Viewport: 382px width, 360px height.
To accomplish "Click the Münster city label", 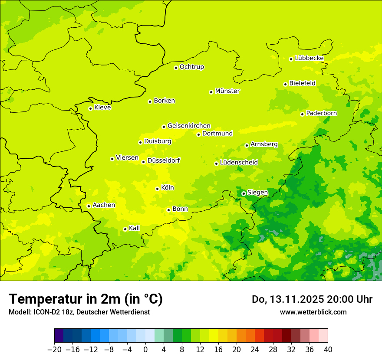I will point(227,91).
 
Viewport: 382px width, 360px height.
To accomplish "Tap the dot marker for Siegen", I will point(244,193).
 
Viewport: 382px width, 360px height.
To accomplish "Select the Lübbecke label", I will point(309,58).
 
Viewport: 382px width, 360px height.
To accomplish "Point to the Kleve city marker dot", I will point(90,108).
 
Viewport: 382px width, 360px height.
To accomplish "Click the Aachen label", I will point(104,205).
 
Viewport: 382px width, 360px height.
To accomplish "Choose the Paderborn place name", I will point(321,113).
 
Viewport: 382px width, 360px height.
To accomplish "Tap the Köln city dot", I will point(157,189).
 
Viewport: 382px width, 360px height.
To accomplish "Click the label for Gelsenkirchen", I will point(189,126).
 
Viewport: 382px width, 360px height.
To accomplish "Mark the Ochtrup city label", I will point(191,67).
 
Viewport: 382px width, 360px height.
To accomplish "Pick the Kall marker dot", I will point(125,229).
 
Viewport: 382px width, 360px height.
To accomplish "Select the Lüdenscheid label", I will point(239,163).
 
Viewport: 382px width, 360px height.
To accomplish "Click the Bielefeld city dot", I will point(285,84).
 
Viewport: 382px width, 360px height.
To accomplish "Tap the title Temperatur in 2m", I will point(86,299).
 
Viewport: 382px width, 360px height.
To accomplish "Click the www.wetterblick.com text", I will point(313,312).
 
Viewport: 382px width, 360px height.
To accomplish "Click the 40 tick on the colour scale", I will point(328,349).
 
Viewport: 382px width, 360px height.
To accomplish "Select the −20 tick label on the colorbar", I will point(54,349).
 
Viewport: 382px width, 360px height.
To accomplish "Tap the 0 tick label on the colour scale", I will point(145,349).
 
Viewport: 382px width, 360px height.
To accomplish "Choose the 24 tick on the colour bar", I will point(255,349).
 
